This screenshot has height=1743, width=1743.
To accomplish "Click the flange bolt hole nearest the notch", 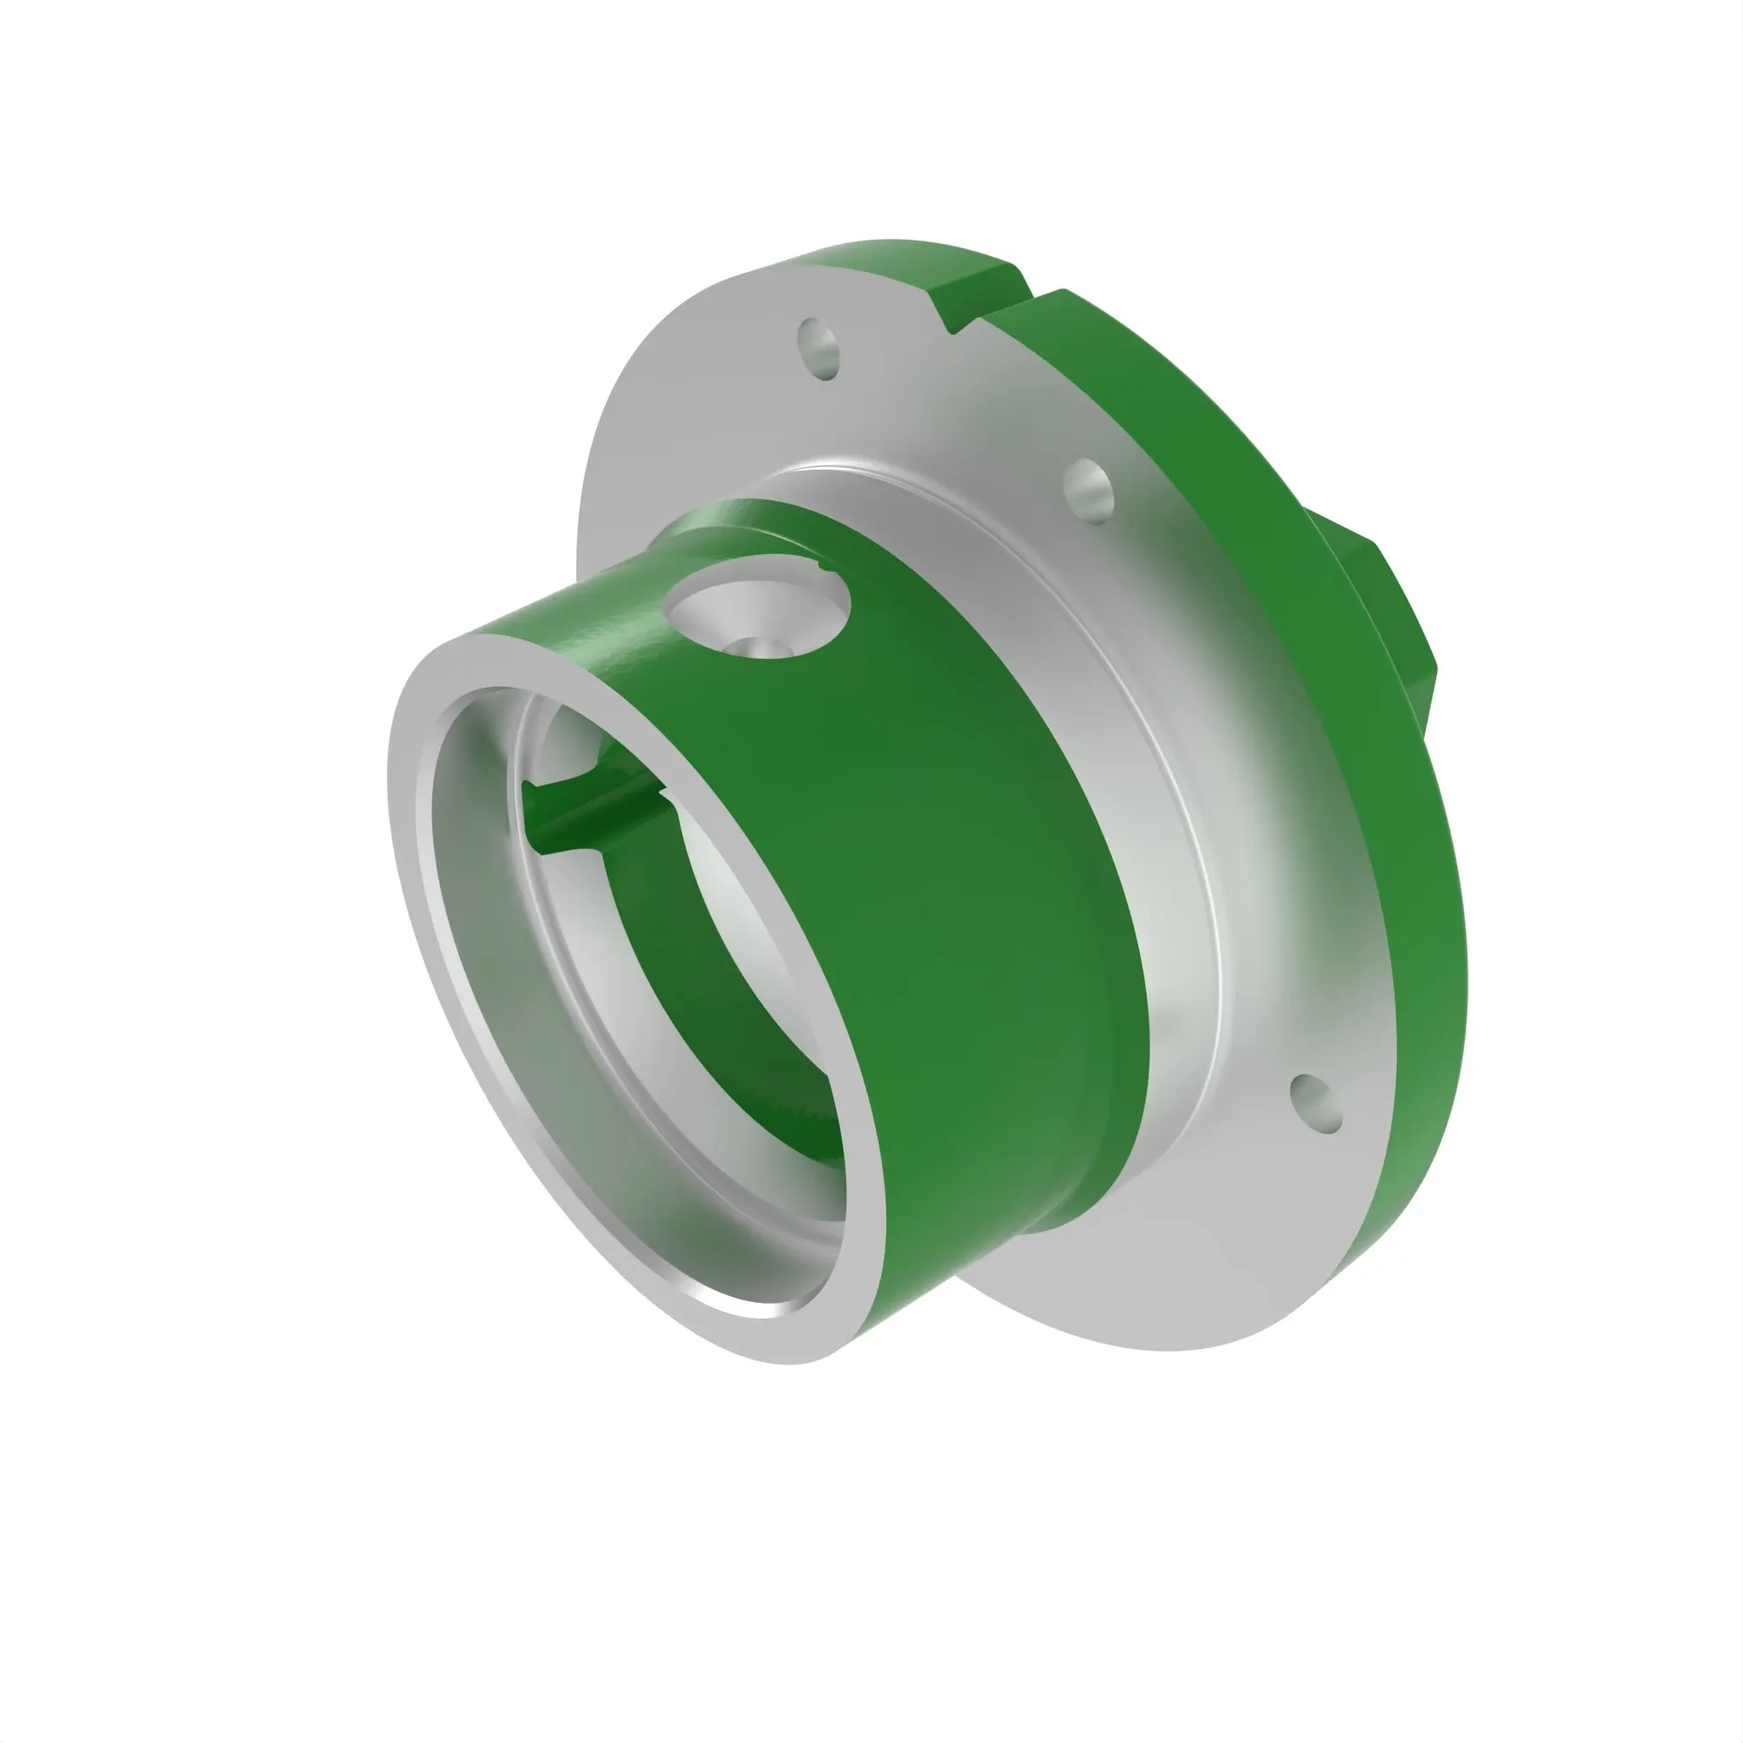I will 819,349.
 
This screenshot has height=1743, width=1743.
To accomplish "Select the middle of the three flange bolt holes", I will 1089,490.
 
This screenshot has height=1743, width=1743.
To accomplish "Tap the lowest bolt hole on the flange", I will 1316,1103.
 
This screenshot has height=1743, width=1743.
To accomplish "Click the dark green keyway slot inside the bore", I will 595,812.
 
